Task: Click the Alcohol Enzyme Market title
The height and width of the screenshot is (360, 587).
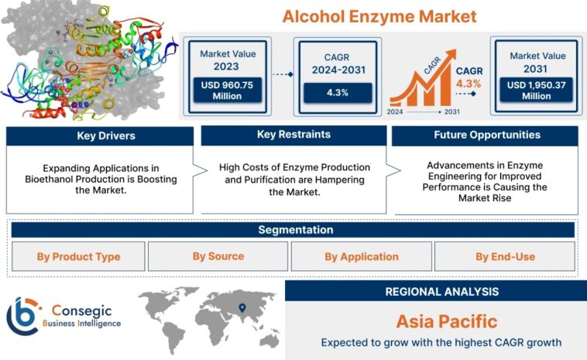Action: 379,16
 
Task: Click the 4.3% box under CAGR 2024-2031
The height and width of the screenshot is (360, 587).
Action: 337,92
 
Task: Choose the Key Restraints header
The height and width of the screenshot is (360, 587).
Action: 293,135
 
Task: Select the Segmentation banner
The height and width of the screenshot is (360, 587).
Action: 294,230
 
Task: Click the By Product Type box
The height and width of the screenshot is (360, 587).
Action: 77,256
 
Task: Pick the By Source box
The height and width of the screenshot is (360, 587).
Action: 218,256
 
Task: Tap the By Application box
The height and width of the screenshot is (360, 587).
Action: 361,256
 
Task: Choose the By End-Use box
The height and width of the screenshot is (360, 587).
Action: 505,256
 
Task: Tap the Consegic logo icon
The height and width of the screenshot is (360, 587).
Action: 22,315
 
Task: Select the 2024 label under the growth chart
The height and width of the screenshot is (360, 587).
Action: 394,112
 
